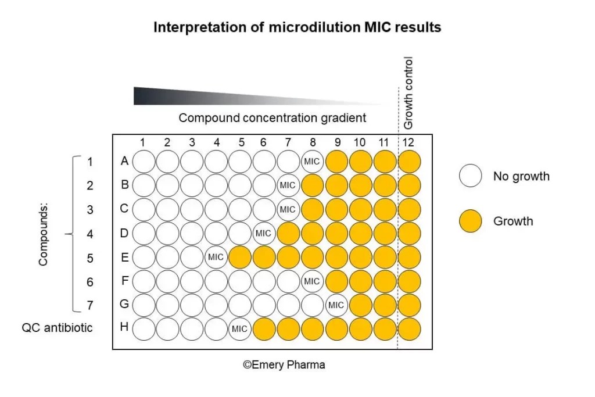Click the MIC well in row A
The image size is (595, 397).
pos(312,161)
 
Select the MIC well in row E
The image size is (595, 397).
pos(216,257)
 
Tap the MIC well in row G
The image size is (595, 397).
pos(336,305)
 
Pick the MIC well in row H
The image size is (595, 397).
pos(239,329)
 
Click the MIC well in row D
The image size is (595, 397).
pos(263,233)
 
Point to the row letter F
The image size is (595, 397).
pos(124,281)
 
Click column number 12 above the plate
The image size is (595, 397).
pos(408,142)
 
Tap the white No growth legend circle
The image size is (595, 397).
pos(470,176)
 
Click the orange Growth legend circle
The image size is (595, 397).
pos(470,221)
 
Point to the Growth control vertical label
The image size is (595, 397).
pos(408,93)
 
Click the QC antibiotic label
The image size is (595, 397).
pos(57,328)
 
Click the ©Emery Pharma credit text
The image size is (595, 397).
pos(284,365)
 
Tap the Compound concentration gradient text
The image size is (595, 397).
pos(272,118)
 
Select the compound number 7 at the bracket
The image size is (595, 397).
pos(89,305)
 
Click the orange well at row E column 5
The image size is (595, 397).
pos(239,257)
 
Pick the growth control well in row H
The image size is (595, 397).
pos(408,329)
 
